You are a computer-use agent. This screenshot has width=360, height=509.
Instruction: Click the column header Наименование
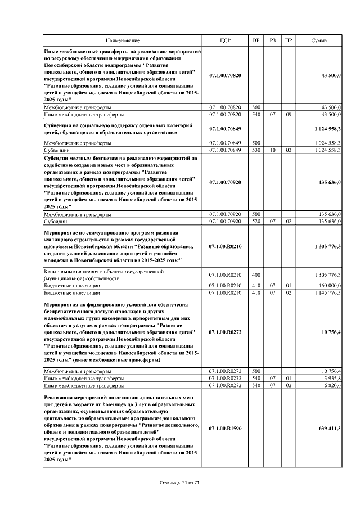[122, 40]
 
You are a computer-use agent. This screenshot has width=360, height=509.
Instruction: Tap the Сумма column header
[323, 40]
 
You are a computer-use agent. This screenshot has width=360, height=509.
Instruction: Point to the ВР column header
[256, 40]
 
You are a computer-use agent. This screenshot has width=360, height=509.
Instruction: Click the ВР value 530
[256, 150]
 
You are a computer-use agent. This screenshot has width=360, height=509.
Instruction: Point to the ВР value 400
[256, 275]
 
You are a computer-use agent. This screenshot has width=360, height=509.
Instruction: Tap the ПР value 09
[289, 114]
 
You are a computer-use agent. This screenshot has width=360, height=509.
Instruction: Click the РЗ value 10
[272, 150]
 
